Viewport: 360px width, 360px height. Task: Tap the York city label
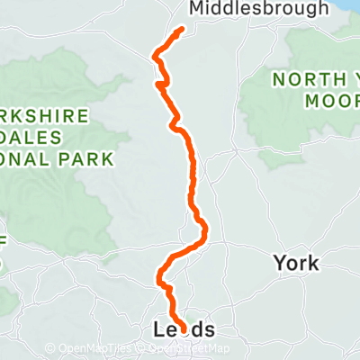tap(295, 264)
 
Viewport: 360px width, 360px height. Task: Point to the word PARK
tap(88, 158)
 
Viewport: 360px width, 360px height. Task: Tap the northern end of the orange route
tap(182, 30)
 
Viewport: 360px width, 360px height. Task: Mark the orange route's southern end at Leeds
tap(185, 332)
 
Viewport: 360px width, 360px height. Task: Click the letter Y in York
tap(278, 264)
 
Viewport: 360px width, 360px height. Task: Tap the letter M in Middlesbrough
tap(197, 9)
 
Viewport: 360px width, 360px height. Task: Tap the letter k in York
tap(313, 264)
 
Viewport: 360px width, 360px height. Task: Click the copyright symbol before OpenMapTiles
tap(50, 348)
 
